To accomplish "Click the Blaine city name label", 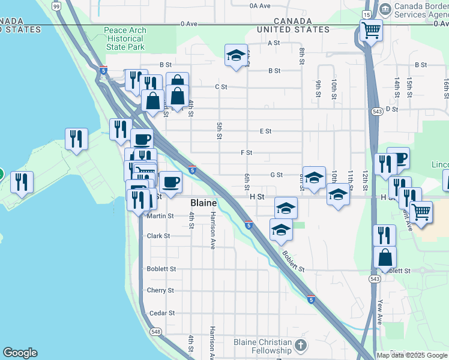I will (203, 203).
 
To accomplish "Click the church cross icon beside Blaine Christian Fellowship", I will (301, 345).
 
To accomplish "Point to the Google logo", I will (20, 353).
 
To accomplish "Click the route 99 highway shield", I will (56, 6).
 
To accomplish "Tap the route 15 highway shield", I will (366, 13).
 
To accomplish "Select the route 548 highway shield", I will (156, 331).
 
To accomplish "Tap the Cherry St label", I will (160, 290).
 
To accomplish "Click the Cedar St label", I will (161, 313).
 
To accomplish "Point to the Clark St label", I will (158, 236).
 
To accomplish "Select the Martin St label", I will (160, 216).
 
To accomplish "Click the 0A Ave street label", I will (261, 5).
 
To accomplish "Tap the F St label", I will (246, 153).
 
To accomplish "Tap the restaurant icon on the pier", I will (76, 139).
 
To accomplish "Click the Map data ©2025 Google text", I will (412, 355).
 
